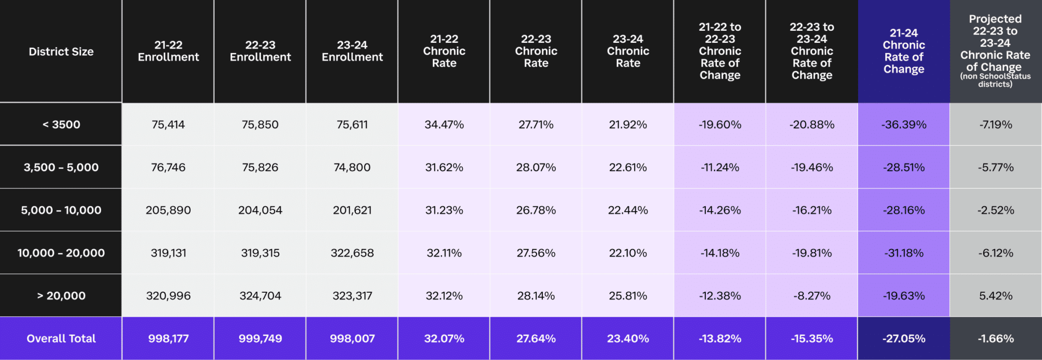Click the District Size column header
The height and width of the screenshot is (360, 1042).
[x=61, y=52]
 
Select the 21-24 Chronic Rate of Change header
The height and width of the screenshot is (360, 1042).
[x=903, y=51]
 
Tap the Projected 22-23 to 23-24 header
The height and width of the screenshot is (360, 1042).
[x=995, y=51]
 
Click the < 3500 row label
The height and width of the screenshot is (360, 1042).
[x=61, y=125]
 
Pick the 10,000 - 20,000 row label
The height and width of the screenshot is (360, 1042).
[x=61, y=253]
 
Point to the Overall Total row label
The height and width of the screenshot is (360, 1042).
[x=61, y=339]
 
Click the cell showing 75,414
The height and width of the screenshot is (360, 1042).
[x=168, y=125]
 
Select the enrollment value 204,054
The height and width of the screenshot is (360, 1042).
[x=260, y=210]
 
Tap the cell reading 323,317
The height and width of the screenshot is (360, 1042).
[x=352, y=295]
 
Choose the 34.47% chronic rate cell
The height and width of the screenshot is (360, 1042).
[x=444, y=125]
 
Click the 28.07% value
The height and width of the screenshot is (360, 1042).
[x=536, y=167]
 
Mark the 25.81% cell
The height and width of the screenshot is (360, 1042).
[x=628, y=295]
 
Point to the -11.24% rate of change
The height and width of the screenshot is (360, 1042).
[x=720, y=167]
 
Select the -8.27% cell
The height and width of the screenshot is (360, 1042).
[x=812, y=295]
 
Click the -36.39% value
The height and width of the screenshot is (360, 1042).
[x=903, y=125]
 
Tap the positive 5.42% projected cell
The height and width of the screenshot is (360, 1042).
[x=996, y=295]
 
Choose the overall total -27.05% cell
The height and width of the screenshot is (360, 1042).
[x=903, y=339]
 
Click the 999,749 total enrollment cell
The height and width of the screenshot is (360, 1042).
[x=260, y=339]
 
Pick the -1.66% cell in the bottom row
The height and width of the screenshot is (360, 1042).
[x=996, y=339]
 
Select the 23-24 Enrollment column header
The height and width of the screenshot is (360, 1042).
[x=352, y=51]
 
